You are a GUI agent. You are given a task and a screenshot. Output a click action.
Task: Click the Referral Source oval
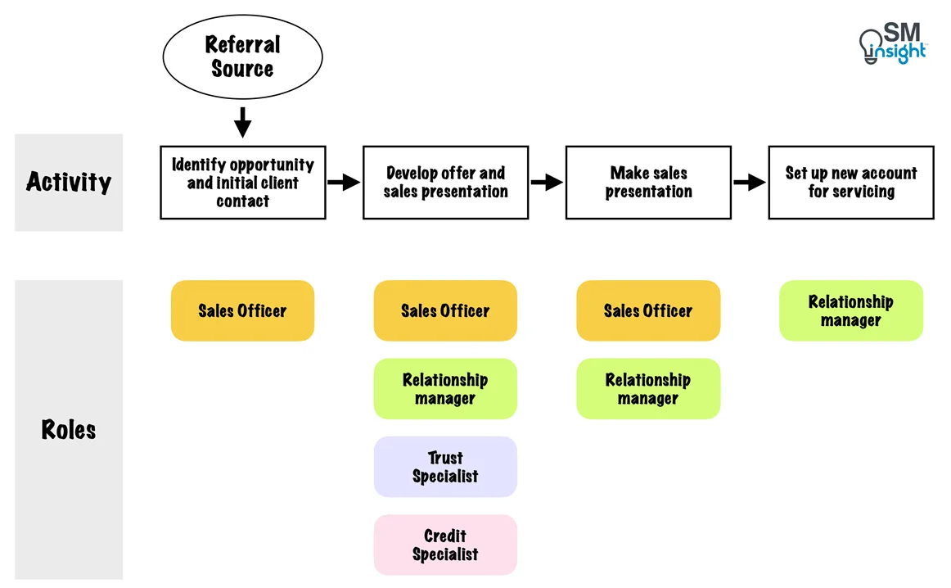242,57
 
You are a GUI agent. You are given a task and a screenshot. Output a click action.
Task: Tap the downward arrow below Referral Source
242,123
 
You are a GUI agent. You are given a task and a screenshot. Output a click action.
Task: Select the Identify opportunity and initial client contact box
242,183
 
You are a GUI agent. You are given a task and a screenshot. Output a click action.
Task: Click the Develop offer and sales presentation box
445,183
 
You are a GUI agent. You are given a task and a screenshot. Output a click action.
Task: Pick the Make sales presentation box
648,183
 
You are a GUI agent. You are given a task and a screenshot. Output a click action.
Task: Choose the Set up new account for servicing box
850,183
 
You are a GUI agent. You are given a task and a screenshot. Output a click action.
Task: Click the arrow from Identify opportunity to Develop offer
344,182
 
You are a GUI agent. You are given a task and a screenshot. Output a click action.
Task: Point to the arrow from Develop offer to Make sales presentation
547,182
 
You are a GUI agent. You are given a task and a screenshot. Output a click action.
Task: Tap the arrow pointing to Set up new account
749,182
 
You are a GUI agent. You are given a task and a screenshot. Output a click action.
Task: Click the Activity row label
69,182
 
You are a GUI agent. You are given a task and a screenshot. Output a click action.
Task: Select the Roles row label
69,430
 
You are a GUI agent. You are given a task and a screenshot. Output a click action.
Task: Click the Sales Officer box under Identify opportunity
242,311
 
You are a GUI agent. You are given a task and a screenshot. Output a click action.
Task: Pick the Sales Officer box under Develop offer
445,311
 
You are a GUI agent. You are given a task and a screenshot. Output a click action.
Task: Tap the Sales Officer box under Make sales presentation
648,311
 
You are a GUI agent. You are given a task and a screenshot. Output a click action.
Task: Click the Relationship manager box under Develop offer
445,389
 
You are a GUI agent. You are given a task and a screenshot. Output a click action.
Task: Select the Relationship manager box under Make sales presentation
648,389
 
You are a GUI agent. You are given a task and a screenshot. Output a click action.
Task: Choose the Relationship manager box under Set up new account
850,311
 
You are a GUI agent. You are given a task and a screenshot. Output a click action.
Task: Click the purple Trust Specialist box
445,467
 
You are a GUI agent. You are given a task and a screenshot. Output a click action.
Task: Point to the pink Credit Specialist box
445,545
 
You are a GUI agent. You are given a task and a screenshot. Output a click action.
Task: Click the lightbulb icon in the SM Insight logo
869,46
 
